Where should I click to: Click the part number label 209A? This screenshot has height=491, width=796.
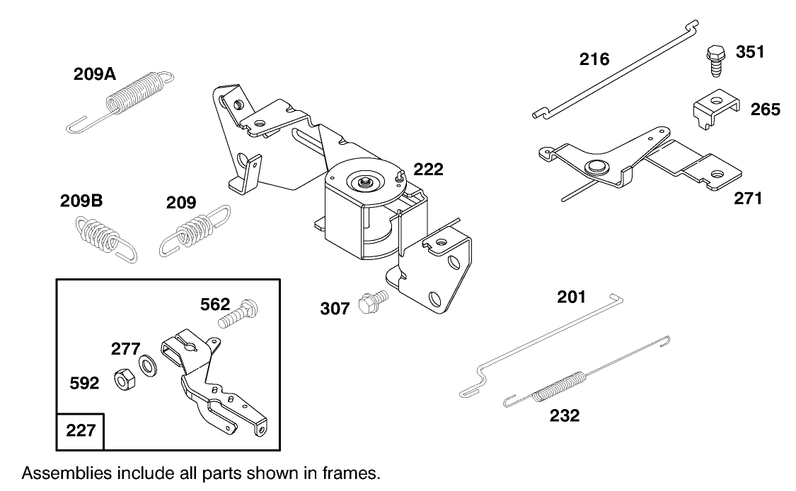coord(95,75)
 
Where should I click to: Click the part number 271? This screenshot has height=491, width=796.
coord(748,198)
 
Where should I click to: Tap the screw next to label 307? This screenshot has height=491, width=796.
coord(372,302)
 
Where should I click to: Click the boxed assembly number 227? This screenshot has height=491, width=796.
coord(81,430)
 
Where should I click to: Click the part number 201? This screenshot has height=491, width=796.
coord(572,297)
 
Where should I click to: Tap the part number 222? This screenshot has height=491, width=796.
coord(429,170)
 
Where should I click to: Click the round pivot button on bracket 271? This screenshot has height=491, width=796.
coord(594,167)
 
